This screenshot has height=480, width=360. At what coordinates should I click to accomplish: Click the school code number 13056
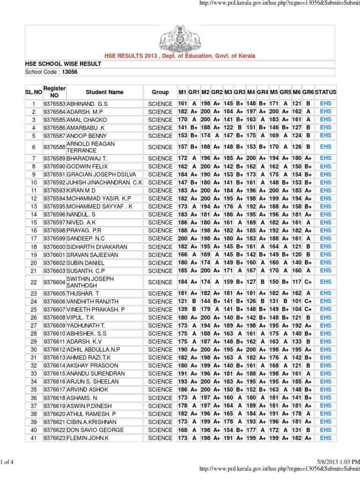pos(70,72)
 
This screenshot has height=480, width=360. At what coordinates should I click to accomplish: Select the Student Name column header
pos(105,92)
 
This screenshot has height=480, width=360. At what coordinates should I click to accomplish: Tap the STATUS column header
pos(325,92)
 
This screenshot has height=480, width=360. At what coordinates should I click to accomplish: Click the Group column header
pos(160,92)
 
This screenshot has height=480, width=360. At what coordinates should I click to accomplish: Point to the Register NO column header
pos(54,92)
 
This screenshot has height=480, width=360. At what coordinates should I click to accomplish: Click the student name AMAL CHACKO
pos(86,120)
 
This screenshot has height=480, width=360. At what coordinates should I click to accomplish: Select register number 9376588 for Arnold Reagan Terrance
pos(55,147)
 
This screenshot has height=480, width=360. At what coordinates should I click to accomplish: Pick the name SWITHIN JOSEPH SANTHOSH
pos(90,282)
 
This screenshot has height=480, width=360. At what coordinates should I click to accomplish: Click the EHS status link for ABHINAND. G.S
pos(325,103)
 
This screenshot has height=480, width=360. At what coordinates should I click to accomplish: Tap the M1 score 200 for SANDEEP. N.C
pos(182,238)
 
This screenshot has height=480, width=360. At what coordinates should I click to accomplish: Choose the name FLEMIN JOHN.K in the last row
pos(88,438)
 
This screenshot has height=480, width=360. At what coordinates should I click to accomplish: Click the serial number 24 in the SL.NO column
pos(33,301)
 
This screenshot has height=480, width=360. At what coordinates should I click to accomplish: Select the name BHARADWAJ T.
pos(87,158)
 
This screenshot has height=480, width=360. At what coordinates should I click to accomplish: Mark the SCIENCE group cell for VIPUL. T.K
pos(160,317)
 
